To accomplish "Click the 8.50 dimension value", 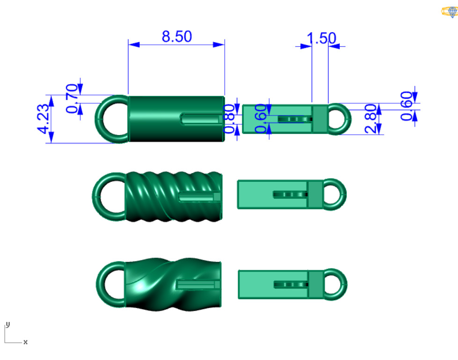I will pos(177,37).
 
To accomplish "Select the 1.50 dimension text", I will pos(321,38).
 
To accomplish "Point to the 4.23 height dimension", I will pos(44,119).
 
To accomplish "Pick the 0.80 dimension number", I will pos(230,119).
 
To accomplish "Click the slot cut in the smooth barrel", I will pos(200,119).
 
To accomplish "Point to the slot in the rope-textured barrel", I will pos(199,196).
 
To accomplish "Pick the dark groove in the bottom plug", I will pos(291,284).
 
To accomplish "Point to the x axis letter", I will pos(25,342).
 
